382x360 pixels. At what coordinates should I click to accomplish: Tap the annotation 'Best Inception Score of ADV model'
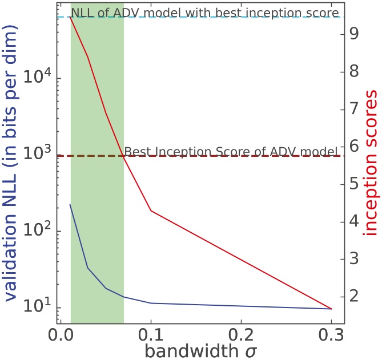(x=231, y=151)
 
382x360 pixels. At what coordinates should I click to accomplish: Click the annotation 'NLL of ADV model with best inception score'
(x=205, y=12)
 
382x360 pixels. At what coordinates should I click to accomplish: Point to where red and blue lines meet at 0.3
(x=331, y=309)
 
